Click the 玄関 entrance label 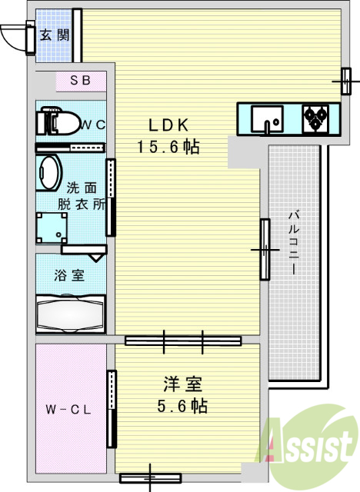pos(55,35)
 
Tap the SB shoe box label pos(81,80)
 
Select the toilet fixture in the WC pos(58,121)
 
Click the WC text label pos(93,125)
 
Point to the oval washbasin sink pos(49,173)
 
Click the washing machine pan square pos(52,228)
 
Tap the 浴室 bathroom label pos(69,275)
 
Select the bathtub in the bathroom pos(71,314)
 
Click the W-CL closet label pos(68,410)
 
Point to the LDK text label pos(168,125)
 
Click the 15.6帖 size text pos(168,147)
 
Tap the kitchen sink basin pos(267,119)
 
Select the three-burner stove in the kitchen pos(315,118)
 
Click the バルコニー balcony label pos(294,243)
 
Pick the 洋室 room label pos(182,384)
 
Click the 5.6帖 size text pos(182,406)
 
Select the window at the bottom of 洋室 pos(151,478)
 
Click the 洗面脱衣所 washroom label pos(82,196)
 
